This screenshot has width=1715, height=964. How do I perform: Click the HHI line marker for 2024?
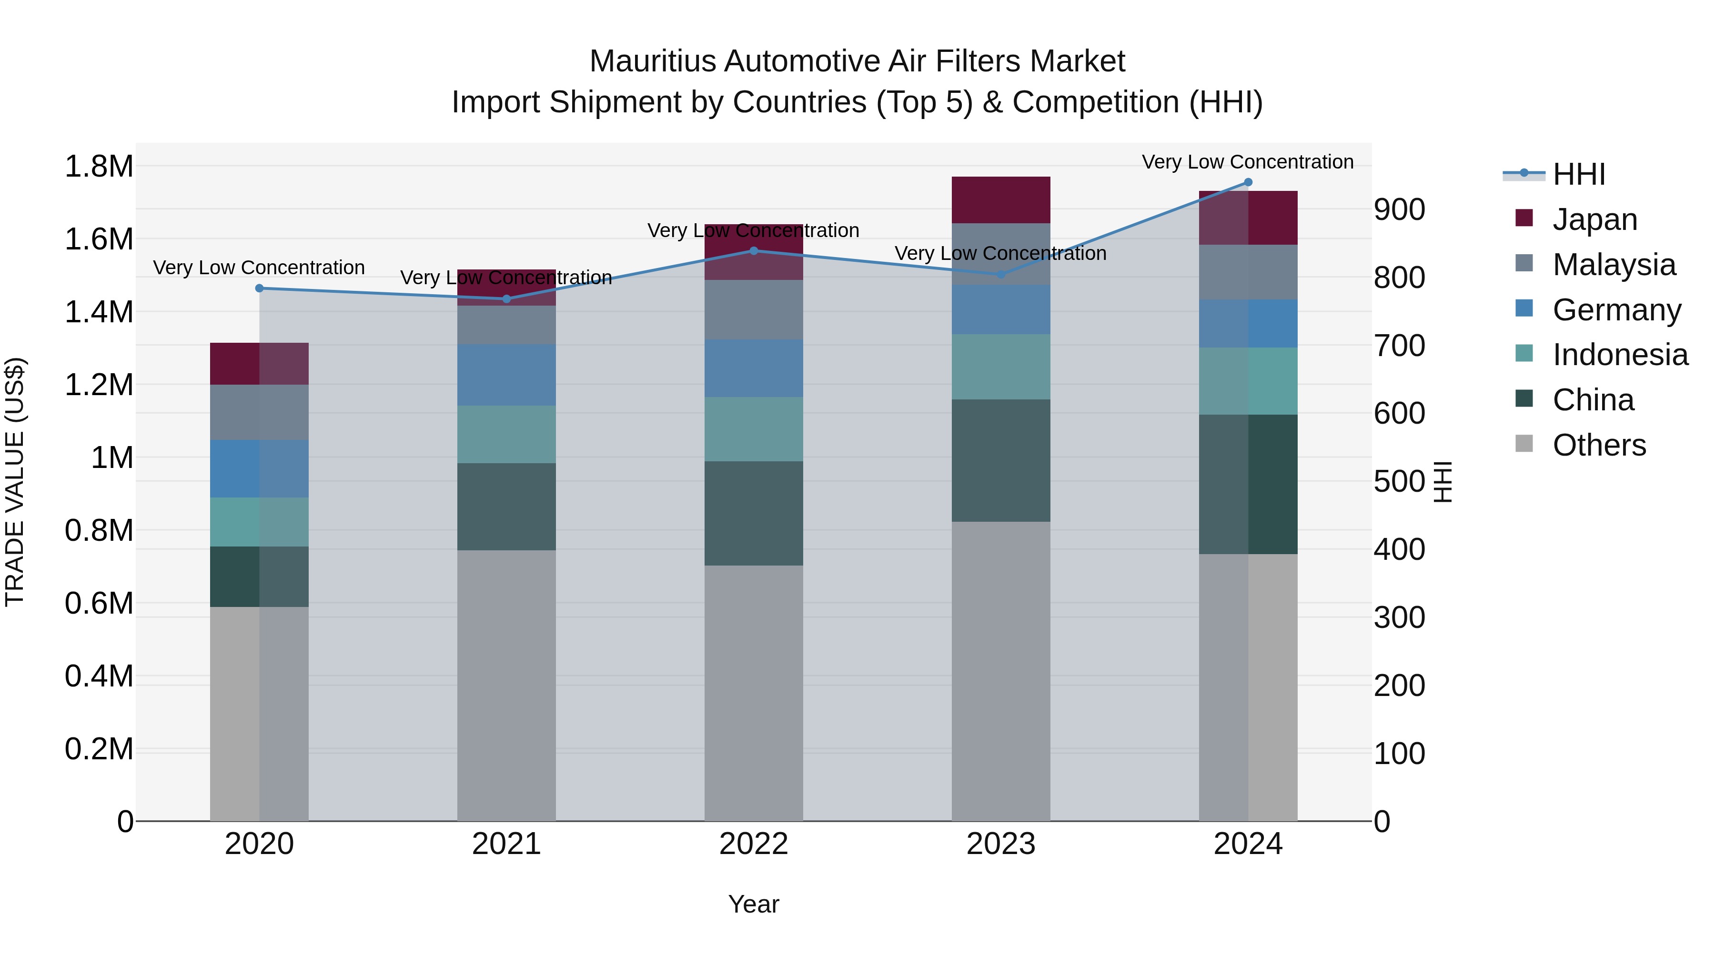click(1248, 182)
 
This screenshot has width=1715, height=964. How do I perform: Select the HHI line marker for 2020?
click(260, 288)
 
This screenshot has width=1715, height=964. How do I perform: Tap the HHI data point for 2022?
click(754, 251)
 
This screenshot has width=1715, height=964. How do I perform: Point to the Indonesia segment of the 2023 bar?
click(1000, 367)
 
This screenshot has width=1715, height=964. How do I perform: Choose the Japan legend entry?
click(1594, 219)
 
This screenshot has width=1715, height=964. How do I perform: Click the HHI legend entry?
click(1578, 174)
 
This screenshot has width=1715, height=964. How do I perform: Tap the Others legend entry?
click(1598, 445)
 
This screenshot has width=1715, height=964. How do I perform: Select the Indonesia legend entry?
click(1619, 355)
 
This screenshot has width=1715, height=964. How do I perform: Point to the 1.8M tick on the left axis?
click(99, 166)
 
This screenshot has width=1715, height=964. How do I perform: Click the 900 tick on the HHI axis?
click(1400, 209)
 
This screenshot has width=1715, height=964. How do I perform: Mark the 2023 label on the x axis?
click(1000, 844)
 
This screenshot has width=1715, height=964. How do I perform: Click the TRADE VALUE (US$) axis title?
click(15, 482)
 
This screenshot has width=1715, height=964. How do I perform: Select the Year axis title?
click(754, 904)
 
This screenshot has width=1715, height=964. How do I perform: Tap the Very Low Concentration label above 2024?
click(1248, 162)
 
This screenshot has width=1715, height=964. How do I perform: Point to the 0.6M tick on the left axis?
click(99, 604)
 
